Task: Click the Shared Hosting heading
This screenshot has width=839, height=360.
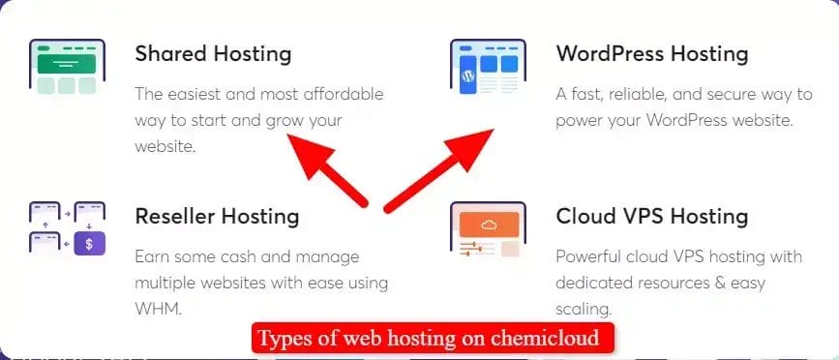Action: [213, 52]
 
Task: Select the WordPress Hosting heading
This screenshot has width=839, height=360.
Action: [651, 52]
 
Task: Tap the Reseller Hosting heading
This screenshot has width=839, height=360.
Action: [217, 215]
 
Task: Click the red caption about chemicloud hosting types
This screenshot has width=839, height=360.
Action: [434, 339]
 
